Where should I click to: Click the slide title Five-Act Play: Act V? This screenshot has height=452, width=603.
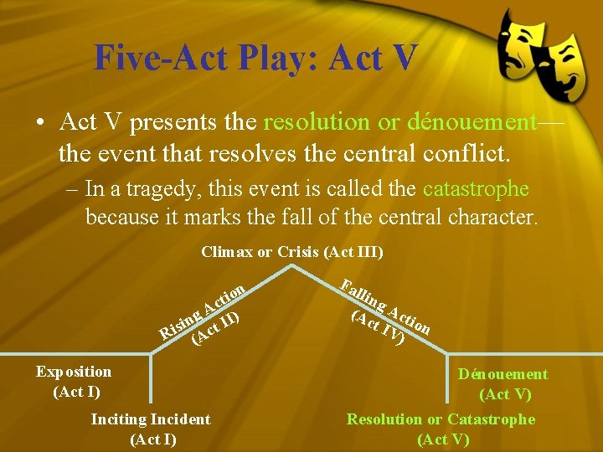[x=255, y=57]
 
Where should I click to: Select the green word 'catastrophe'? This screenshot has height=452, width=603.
[x=476, y=190]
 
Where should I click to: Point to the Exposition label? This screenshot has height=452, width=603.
[x=74, y=372]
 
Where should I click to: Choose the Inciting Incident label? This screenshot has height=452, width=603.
[x=151, y=419]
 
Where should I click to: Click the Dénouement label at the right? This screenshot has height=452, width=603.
[x=502, y=374]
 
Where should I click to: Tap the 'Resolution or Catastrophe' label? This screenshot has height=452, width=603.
[x=441, y=419]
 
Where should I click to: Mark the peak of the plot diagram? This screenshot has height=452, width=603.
[x=291, y=268]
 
